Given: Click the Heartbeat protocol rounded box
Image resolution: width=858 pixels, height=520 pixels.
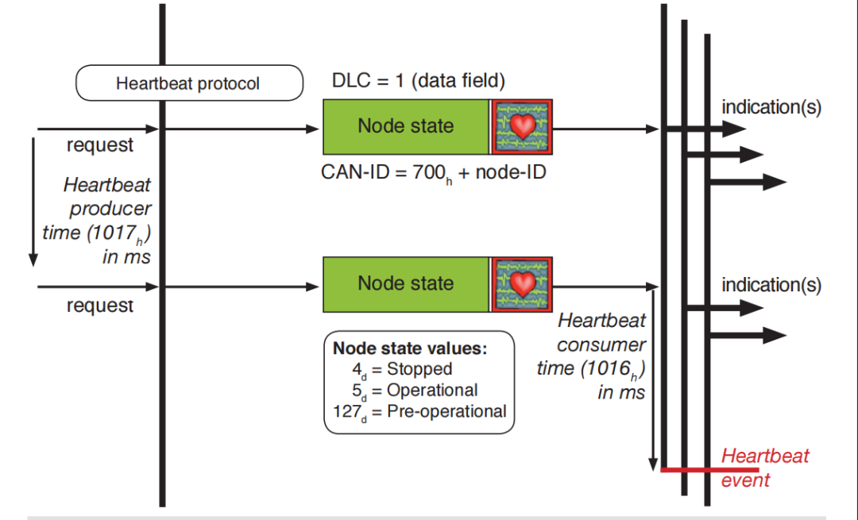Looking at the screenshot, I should coord(188,83).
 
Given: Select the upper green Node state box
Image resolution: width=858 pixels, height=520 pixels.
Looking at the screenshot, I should coord(406,126).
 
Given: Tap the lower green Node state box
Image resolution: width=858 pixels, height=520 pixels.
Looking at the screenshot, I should coord(406,283).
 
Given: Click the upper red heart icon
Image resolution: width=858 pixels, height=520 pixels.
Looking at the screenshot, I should coord(522,126).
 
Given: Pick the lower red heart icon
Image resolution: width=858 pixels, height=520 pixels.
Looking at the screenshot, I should coord(522,283).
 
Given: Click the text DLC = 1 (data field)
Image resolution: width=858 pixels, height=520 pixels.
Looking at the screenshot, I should coord(418,81).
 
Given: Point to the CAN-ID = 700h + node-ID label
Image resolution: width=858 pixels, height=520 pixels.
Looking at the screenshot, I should coord(433,171).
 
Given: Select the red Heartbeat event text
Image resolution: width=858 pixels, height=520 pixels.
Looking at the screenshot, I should coord(753,468).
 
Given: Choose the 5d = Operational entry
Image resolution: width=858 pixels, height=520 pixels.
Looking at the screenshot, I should coord(415,391).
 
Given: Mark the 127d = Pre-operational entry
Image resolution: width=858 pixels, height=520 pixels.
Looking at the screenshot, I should coord(419,411).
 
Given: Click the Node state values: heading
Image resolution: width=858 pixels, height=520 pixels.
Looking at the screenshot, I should coord(410,349).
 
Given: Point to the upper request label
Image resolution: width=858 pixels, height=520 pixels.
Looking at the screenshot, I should coord(100,145).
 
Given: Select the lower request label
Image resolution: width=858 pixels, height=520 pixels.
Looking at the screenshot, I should coord(100,305).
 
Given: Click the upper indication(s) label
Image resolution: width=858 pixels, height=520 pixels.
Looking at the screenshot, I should coord(771,106).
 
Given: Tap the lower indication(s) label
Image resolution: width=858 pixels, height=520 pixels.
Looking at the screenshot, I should coord(771,284).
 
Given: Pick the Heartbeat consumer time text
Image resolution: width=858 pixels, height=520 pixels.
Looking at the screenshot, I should coord(601,356).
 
